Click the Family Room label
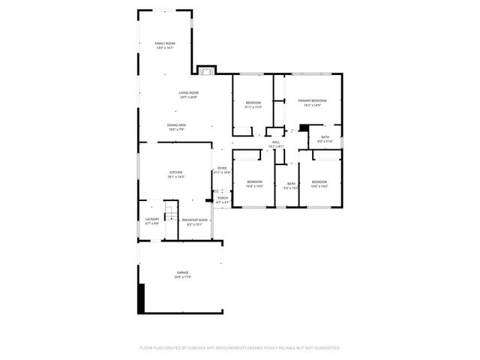pos(164,46)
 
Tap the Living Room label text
pos(178,94)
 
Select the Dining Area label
pos(177,127)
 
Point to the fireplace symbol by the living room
pos(206,70)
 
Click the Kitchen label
pos(175,175)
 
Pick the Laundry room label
pos(152,221)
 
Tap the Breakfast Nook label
pos(194,221)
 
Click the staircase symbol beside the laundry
pos(171,211)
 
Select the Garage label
pos(182,274)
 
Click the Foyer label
pos(222,170)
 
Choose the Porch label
pos(223,199)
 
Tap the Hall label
pos(276,144)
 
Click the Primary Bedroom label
pos(312,102)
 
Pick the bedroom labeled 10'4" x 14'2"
pos(255,184)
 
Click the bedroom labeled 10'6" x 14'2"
pos(319,184)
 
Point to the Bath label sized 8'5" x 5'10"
pos(325,139)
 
